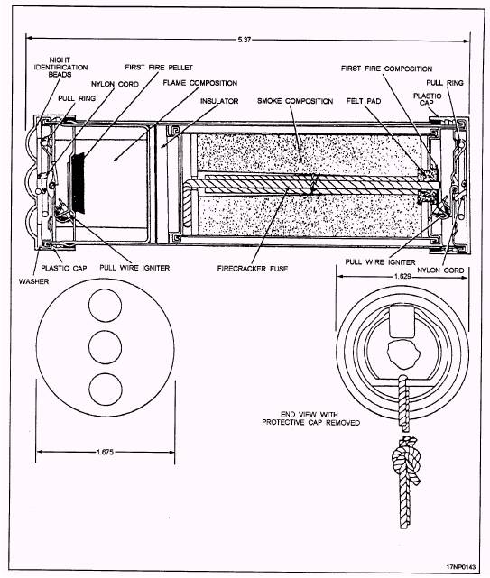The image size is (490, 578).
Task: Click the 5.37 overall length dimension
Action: click(x=244, y=39)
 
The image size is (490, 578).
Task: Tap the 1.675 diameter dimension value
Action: click(x=105, y=452)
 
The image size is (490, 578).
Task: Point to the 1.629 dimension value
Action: click(x=402, y=276)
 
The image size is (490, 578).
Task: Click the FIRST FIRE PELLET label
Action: click(x=159, y=68)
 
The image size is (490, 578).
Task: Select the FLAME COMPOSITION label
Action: click(x=200, y=83)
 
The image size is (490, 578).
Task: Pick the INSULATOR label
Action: click(x=219, y=101)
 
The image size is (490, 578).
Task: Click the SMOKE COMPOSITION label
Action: click(x=295, y=101)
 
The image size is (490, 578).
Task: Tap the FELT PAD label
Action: click(x=364, y=101)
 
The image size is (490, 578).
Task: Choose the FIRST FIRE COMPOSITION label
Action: click(x=386, y=69)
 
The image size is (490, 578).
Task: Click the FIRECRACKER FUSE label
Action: click(x=253, y=269)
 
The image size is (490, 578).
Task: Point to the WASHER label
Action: click(x=33, y=281)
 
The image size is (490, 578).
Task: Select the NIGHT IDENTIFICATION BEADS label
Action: click(x=60, y=67)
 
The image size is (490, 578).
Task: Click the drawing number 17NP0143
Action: click(x=461, y=566)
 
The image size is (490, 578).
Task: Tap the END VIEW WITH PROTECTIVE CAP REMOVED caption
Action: click(x=310, y=418)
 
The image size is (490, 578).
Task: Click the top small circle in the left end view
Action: click(x=106, y=306)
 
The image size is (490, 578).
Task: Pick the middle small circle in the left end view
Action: click(x=106, y=347)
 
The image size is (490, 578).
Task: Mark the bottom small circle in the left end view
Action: click(x=106, y=390)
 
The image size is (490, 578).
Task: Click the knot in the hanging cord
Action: click(x=405, y=456)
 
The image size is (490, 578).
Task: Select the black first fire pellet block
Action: click(x=79, y=183)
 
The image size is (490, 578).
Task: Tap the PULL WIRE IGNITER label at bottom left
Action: click(x=134, y=268)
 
